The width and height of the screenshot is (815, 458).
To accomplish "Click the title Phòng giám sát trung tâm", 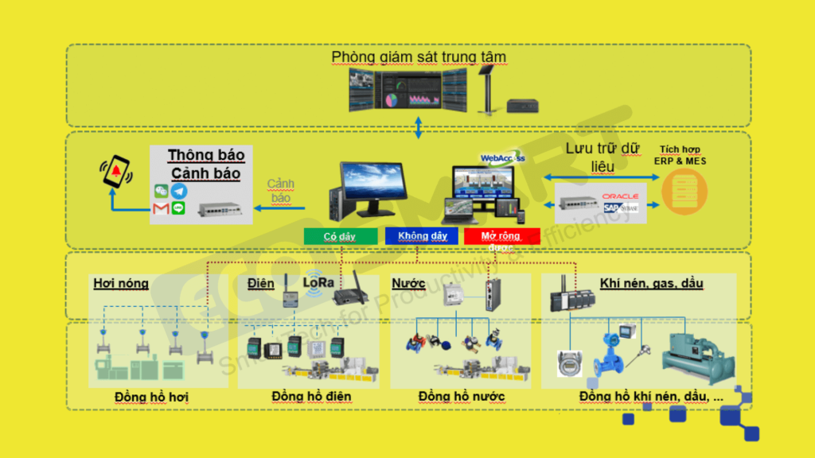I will pos(419,57).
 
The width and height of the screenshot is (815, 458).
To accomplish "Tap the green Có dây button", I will pos(340,236).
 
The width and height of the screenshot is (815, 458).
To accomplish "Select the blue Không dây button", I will pos(421,236).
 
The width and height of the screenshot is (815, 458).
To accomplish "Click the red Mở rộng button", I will pos(501,236).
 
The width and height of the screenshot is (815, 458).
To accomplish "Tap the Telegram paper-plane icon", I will pos(179,191).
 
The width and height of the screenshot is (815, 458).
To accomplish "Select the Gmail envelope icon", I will pos(161,208).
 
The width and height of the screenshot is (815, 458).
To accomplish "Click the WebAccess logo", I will pos(502,157).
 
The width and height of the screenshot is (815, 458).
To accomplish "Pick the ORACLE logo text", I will pos(620,196).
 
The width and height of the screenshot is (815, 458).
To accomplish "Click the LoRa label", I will pos(318,282).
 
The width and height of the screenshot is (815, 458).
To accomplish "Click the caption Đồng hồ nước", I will pos(462,396).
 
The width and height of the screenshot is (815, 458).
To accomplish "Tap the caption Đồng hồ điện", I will pos(311,396).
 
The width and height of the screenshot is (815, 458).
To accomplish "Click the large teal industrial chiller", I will pos(699,355).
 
